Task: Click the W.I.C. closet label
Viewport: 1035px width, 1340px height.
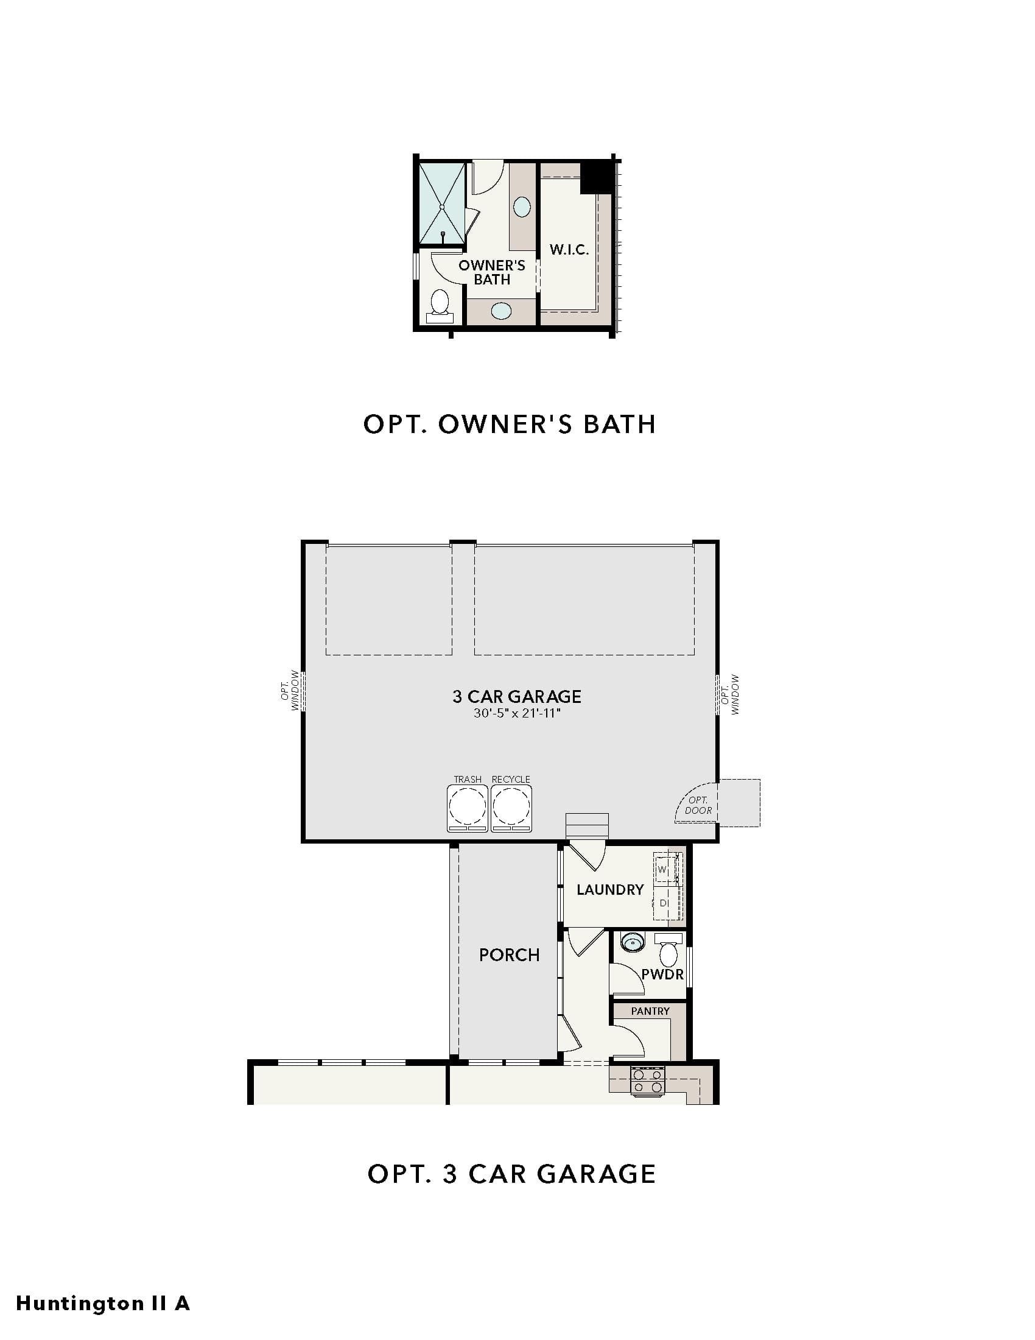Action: (x=569, y=250)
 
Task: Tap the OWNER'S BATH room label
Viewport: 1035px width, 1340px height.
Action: (x=492, y=272)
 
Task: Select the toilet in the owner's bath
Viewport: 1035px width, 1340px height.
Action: (x=440, y=306)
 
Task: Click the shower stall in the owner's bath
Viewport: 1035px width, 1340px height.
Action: (x=441, y=203)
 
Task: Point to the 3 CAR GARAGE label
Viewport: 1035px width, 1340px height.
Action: (x=517, y=696)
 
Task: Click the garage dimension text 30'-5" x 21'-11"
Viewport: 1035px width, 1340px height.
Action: (x=517, y=713)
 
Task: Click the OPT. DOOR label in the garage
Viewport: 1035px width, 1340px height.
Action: (x=698, y=805)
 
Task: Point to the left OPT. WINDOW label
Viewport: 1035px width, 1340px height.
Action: (x=290, y=690)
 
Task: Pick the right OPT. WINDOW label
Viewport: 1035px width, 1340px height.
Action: (x=730, y=694)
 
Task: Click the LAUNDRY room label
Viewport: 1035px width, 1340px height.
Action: (x=610, y=890)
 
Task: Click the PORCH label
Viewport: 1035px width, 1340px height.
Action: (x=510, y=954)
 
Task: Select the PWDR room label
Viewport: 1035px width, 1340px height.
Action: (x=662, y=975)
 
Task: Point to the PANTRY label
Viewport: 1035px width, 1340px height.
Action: (x=650, y=1011)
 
